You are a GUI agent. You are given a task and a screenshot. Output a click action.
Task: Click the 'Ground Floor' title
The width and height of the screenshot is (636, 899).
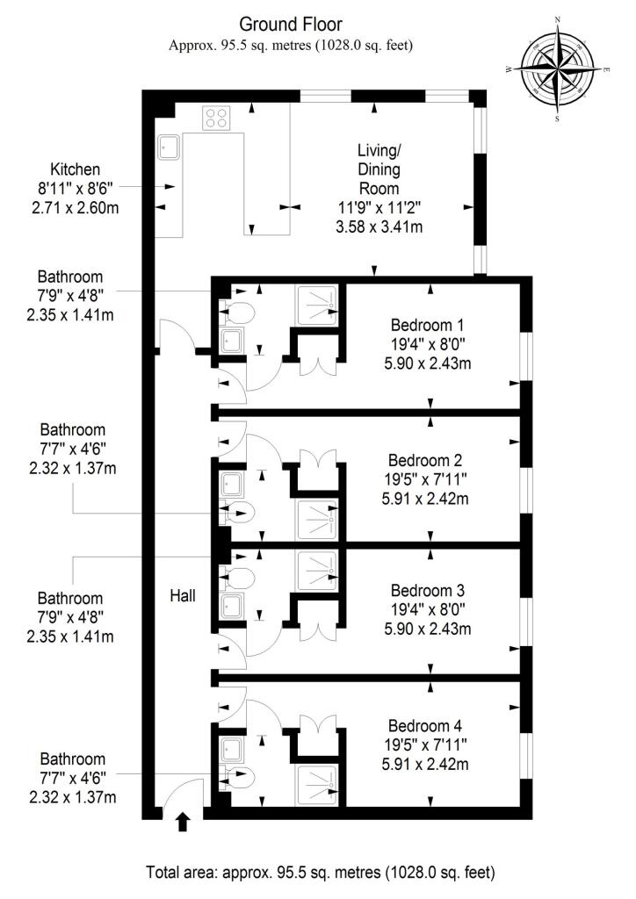pos(291,24)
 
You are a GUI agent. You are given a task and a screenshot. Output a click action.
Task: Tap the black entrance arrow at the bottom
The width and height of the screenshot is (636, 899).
pos(183,821)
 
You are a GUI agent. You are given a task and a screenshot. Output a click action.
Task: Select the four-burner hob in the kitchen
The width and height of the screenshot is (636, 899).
pos(215,117)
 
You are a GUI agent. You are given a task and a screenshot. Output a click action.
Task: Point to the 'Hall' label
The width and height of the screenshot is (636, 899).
pos(182,595)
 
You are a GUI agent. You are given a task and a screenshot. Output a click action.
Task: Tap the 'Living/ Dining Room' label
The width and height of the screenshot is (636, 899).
pos(379,169)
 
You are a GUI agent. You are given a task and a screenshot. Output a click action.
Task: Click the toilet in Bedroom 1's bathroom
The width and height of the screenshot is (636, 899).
pos(239,310)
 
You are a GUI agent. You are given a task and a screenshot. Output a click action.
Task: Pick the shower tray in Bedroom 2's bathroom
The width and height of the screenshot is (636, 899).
pos(316,519)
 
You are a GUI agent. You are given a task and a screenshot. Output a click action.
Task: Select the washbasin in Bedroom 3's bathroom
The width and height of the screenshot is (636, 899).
pos(234,607)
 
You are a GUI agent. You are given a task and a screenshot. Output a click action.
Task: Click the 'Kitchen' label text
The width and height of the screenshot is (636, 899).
pos(76,169)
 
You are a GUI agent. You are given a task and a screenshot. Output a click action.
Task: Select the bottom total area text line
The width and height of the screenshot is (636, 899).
pos(320,873)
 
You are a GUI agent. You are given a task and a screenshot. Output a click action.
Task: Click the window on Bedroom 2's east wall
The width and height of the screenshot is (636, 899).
pos(526,481)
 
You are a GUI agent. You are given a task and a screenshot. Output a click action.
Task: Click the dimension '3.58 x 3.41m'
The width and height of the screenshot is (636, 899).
pos(379,227)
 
